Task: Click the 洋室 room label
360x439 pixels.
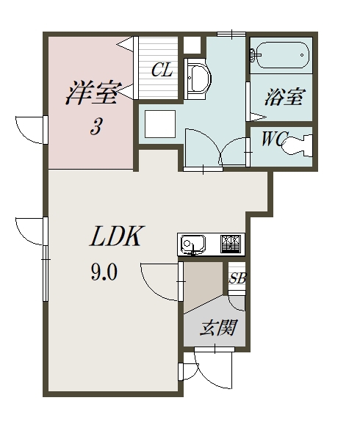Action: coord(91,94)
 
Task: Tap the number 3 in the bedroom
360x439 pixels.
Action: coord(96,127)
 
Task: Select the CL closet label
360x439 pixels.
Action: coord(162,70)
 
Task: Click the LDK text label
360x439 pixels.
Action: coord(116,236)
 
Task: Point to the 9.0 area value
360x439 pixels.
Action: coord(104,273)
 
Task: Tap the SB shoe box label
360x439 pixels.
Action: coord(237,278)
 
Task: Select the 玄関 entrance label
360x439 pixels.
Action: coord(217,327)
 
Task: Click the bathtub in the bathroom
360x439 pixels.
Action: coord(280,55)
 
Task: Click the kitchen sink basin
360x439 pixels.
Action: coord(193,244)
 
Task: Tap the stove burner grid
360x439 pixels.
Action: coord(231,243)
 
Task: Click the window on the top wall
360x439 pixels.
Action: coord(230,34)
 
